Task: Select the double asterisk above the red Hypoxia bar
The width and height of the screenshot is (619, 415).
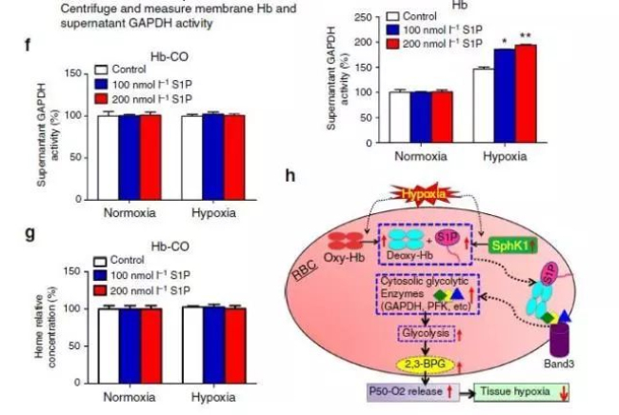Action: (525, 36)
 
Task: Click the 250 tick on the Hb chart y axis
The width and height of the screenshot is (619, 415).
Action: (357, 19)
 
